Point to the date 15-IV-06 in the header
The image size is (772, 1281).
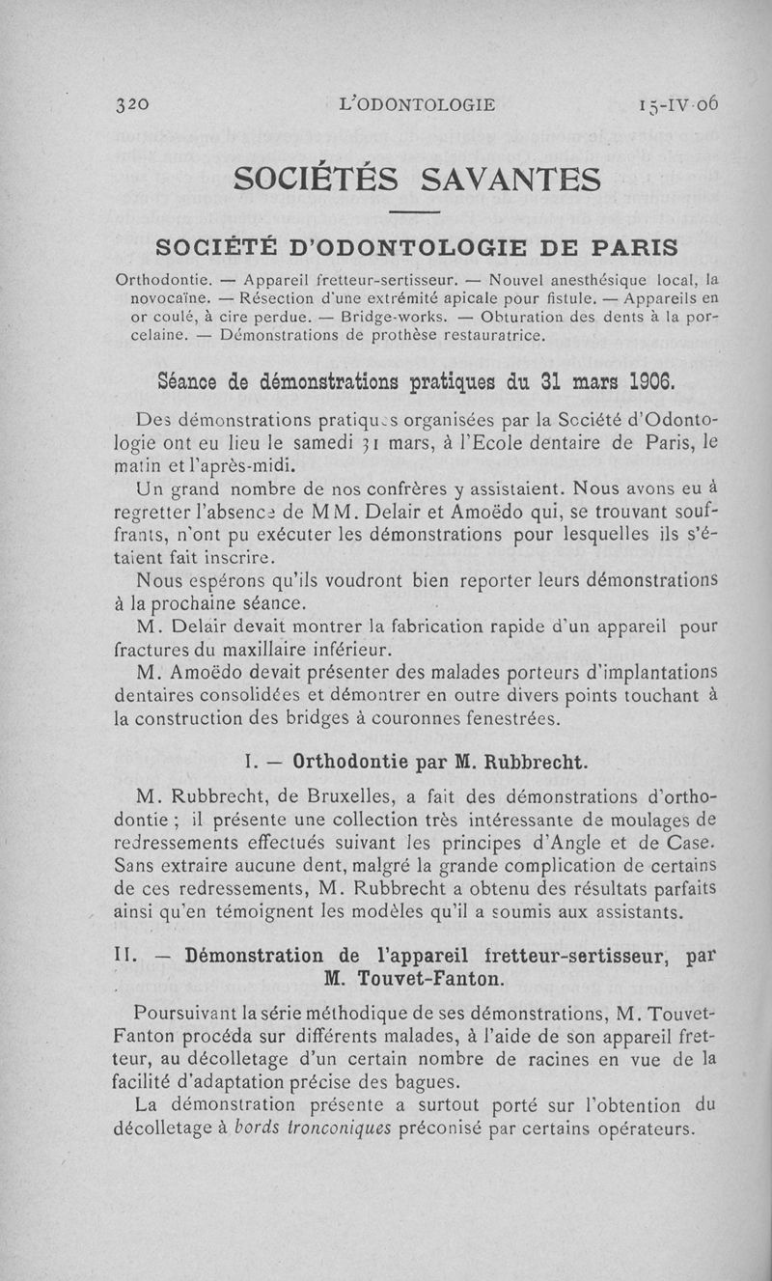tap(677, 104)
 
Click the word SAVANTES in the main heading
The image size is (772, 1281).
tap(511, 180)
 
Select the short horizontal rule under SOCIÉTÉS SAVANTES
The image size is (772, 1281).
tap(415, 212)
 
